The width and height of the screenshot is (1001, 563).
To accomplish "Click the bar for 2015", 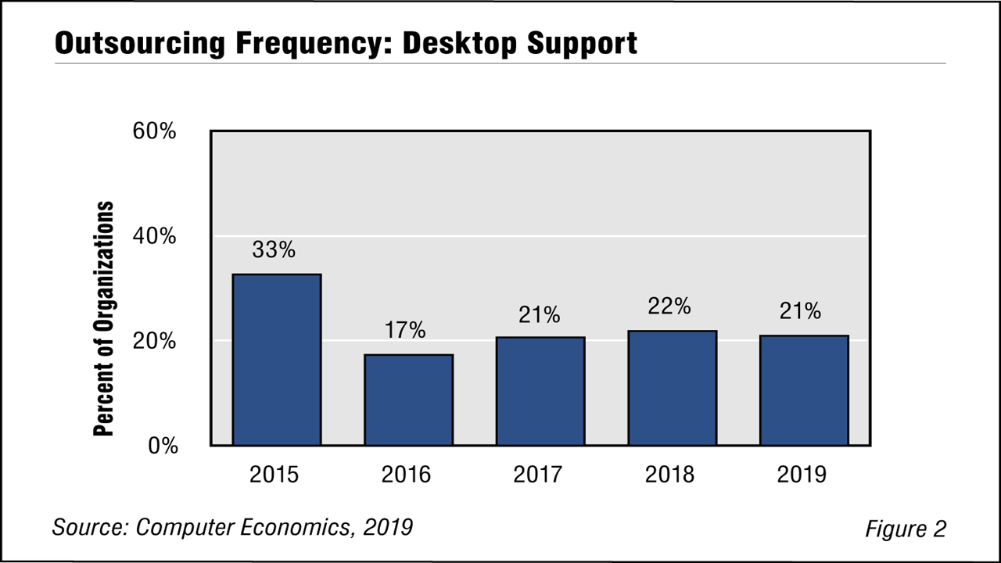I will coord(276,360).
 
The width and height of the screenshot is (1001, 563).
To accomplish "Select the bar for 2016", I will coord(408,400).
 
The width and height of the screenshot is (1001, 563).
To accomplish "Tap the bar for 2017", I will coord(540,391).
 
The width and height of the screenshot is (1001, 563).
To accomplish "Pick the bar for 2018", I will coord(672,388).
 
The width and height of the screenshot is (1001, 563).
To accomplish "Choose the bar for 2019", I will coord(804,390).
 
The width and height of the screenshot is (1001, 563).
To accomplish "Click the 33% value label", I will coord(274,250).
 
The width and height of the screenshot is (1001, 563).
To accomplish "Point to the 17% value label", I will coord(405,331).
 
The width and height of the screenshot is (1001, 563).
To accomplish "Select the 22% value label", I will coord(669,307).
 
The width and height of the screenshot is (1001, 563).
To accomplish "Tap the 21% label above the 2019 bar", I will coord(800,311).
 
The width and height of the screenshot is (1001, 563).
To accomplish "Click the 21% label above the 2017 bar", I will coord(538,314).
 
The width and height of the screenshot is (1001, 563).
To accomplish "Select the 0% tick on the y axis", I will coord(163,446).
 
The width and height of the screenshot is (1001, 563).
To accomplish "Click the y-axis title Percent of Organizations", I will coord(104,319).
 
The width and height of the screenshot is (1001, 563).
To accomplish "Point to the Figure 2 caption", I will coord(905,529).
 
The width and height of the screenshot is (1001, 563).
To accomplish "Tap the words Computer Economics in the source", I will coord(242,527).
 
